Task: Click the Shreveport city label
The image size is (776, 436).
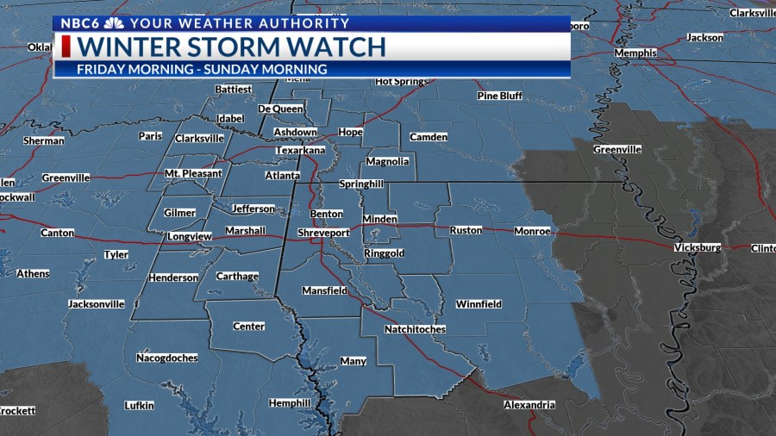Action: coord(323,233)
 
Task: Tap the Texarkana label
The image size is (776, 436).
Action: coord(299,150)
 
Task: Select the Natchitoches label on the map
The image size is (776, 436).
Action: coord(415,329)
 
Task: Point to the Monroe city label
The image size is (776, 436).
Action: coord(532,231)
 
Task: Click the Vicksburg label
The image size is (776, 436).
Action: coord(697,247)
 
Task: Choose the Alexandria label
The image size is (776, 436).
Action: coord(529,404)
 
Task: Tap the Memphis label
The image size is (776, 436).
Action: coord(635,53)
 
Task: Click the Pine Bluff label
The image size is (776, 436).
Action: coord(500,96)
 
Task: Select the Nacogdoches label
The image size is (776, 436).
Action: coord(166,358)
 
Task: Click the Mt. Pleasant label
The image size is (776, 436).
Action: coord(193,174)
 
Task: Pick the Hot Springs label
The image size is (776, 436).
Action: coord(402,82)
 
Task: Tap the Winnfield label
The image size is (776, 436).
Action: coord(479,304)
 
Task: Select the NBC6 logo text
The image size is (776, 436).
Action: coord(80,23)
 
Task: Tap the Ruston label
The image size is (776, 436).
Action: coord(466,231)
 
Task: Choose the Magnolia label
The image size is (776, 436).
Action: coord(387,161)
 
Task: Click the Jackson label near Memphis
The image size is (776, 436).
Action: coord(704,37)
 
